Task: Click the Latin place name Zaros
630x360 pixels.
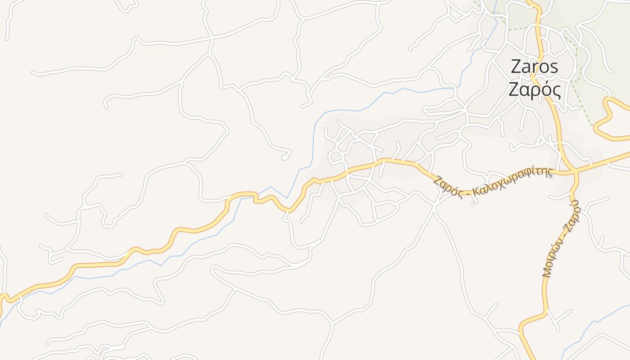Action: point(535,67)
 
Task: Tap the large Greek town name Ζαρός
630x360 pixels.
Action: point(535,90)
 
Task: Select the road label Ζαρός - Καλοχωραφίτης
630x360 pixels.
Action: point(493,182)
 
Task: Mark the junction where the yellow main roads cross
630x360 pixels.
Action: point(575,171)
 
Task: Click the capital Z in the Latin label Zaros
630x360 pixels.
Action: point(516,67)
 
